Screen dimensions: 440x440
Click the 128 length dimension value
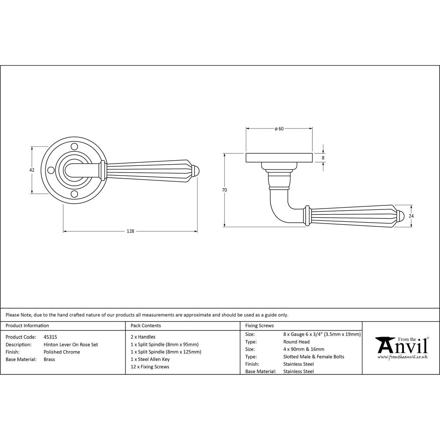pos(130,231)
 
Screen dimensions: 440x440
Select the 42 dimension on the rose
pos(32,170)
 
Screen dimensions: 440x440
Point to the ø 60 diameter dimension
pos(279,129)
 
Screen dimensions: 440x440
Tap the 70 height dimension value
pos(224,190)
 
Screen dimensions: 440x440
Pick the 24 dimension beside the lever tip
pos(412,216)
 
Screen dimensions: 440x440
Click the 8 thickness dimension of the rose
pos(323,158)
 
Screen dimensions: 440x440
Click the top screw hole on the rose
pos(74,146)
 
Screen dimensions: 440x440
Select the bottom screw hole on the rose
pos(74,194)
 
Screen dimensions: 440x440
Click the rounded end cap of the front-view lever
pos(196,170)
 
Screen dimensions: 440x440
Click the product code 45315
pos(50,337)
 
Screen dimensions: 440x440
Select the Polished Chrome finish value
pos(62,352)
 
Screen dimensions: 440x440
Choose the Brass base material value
pos(50,359)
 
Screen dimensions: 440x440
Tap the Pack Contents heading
pos(146,326)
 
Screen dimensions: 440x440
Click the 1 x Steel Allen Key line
pos(150,359)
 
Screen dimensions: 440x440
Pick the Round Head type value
pos(297,342)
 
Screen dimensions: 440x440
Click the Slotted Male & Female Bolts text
pos(314,357)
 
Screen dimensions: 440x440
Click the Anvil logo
pos(401,347)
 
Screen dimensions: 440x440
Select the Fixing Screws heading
pos(259,326)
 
